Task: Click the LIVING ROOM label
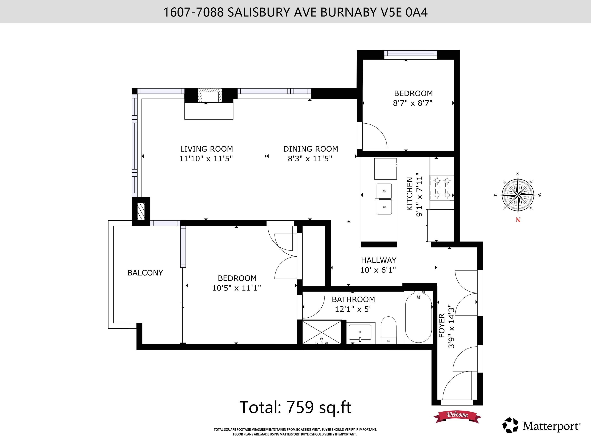(206, 149)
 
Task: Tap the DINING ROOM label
(311, 149)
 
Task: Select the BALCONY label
(145, 273)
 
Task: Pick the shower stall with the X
(322, 332)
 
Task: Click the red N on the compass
(518, 220)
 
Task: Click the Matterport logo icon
(510, 426)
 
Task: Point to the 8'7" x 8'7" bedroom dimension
(413, 103)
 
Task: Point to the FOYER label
(442, 326)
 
